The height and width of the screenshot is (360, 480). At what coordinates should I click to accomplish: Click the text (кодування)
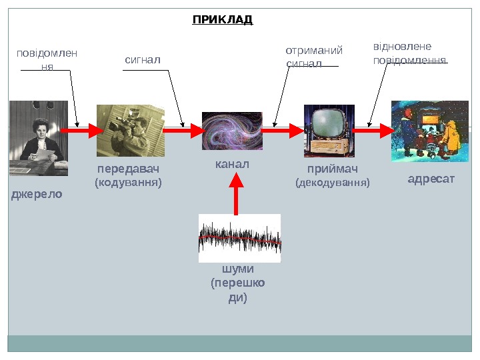pos(129,181)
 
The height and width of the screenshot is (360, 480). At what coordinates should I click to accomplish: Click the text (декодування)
pos(332,182)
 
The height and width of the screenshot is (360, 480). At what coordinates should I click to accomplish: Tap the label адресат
pos(431,179)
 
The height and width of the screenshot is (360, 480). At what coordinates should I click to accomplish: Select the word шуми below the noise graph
pos(237,269)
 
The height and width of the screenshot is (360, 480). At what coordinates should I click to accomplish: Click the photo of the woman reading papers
pos(38,138)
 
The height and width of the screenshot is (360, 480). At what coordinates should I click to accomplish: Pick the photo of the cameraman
pos(130,130)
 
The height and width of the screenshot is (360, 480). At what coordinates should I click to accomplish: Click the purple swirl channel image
pos(232,131)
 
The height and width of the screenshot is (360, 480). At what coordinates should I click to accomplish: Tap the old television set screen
pos(328,123)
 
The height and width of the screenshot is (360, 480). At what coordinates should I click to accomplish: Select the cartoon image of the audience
pos(429,131)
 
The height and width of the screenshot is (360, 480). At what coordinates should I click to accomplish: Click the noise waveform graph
pos(239,238)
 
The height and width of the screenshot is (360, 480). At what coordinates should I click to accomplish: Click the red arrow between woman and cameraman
pos(81,131)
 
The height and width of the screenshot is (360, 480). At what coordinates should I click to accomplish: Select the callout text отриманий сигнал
pos(313,57)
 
